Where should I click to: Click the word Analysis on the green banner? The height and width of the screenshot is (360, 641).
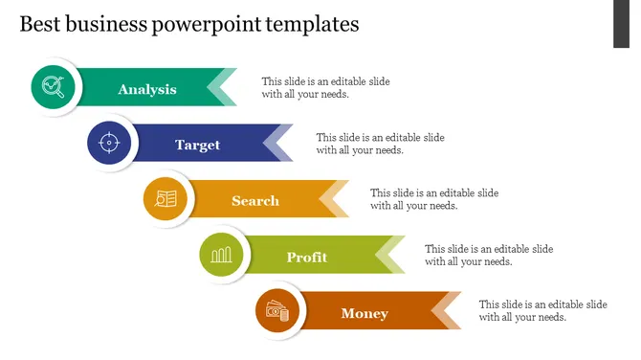click(147, 89)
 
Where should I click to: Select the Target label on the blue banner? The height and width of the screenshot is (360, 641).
click(198, 146)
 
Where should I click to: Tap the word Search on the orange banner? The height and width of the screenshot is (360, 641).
click(255, 201)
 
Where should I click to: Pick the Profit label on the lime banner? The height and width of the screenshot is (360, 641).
click(307, 257)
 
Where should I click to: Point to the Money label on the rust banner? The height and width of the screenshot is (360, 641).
click(365, 313)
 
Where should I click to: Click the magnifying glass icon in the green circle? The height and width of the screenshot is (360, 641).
click(54, 87)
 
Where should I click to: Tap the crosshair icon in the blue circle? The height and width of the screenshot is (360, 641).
click(109, 143)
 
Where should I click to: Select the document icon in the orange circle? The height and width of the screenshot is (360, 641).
click(166, 199)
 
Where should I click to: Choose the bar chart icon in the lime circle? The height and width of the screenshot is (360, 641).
click(221, 255)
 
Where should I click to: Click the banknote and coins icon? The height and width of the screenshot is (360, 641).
click(277, 311)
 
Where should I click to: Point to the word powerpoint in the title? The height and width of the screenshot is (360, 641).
click(207, 25)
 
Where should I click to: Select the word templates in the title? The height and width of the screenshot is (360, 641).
click(312, 25)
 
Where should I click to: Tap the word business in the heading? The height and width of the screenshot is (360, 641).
click(106, 24)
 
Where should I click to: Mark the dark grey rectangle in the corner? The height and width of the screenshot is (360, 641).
click(621, 24)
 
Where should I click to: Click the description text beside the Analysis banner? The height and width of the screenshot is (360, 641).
click(326, 87)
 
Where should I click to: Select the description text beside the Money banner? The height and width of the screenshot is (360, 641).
click(542, 310)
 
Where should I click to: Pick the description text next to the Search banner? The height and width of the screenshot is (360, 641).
click(434, 199)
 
